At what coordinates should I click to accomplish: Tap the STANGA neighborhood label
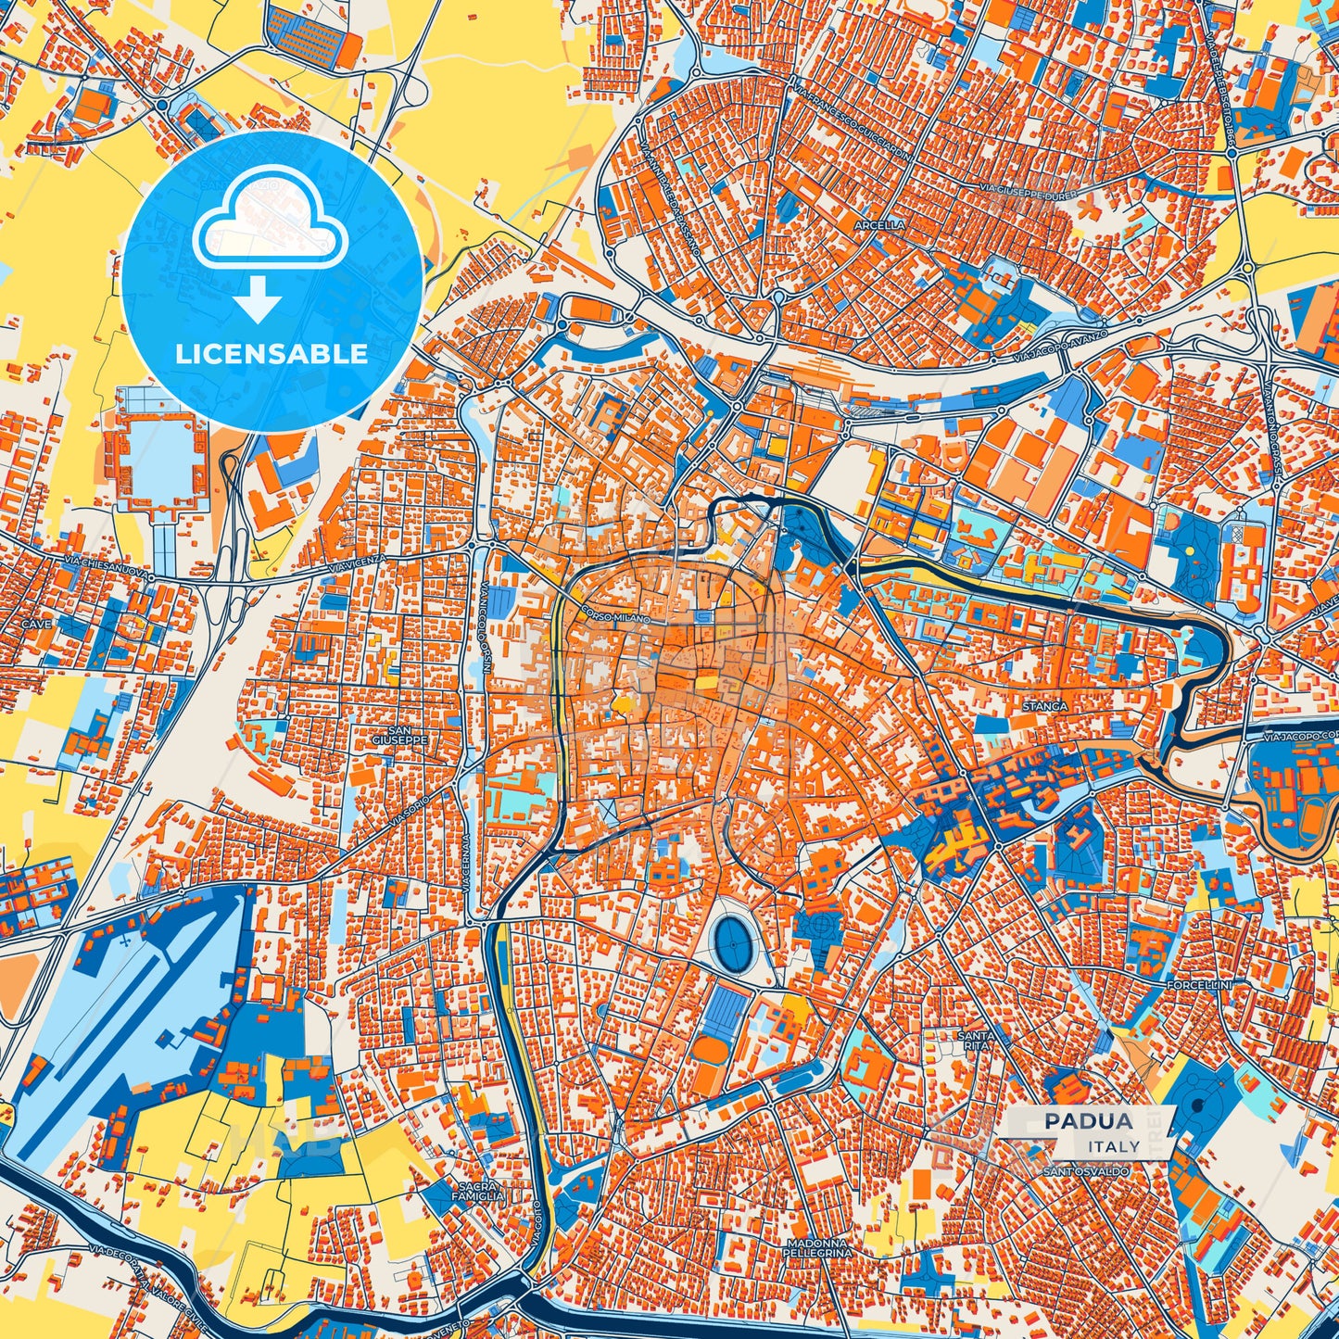pyautogui.click(x=1044, y=706)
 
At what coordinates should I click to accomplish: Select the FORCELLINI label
pyautogui.click(x=1199, y=984)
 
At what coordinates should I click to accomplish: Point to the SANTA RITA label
pyautogui.click(x=977, y=1040)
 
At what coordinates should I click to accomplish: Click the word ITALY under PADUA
pyautogui.click(x=1114, y=1146)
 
